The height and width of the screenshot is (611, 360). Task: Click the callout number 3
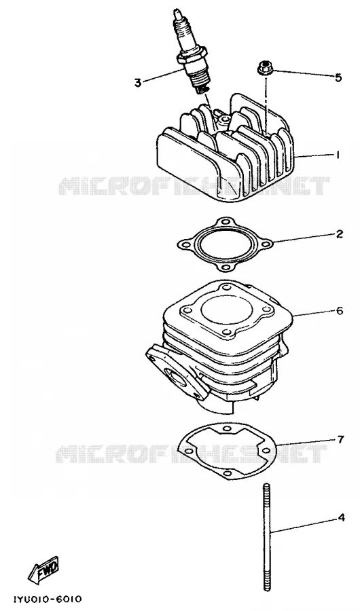(138, 83)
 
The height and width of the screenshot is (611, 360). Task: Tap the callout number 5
(338, 77)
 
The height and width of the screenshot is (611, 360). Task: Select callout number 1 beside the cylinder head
(338, 155)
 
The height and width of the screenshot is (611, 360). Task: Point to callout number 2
(340, 234)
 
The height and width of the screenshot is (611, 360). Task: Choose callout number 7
(340, 439)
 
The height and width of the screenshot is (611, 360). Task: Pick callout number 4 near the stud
(341, 518)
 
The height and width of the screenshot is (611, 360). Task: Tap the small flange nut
(264, 67)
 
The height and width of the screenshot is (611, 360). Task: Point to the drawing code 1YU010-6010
(48, 598)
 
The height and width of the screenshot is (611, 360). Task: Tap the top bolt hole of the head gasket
(223, 222)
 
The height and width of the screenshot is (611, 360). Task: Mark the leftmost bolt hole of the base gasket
(189, 451)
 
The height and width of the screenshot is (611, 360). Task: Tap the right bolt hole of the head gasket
(266, 244)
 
